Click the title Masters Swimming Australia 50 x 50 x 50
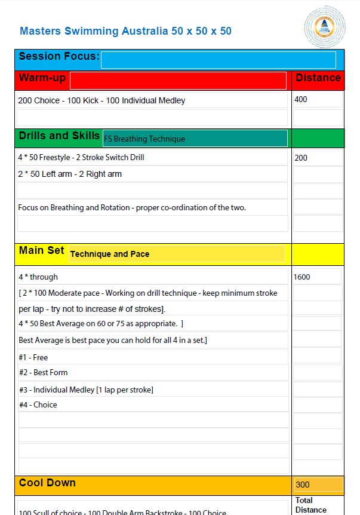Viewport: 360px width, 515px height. click(x=125, y=31)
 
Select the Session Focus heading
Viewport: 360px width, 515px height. click(x=59, y=57)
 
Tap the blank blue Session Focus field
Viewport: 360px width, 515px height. click(x=218, y=60)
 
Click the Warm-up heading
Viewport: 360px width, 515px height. click(x=42, y=78)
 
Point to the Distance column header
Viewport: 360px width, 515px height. click(x=318, y=78)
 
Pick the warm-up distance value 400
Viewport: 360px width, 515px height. click(x=301, y=100)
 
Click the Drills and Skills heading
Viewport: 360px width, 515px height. click(x=59, y=136)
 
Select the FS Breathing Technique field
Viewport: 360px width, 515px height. click(x=195, y=139)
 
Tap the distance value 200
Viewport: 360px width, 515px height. click(x=301, y=158)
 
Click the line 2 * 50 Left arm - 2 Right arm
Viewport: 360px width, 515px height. click(x=70, y=174)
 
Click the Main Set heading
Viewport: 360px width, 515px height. click(x=41, y=251)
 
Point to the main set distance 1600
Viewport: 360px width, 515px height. click(x=301, y=277)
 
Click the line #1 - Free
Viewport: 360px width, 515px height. click(x=33, y=357)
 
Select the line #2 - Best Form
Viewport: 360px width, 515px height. click(x=43, y=372)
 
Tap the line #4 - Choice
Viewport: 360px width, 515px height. click(x=38, y=404)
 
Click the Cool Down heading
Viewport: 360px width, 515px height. click(x=47, y=483)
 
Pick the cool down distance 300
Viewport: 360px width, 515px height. click(x=303, y=485)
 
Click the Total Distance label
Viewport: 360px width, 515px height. click(x=311, y=505)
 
